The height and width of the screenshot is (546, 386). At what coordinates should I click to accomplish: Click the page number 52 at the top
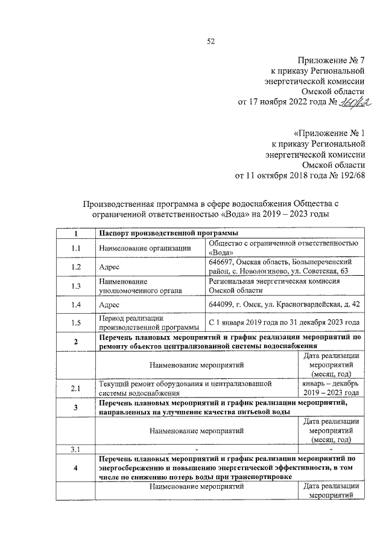pos(210,41)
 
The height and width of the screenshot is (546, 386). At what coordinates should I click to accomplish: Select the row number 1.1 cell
pos(75,248)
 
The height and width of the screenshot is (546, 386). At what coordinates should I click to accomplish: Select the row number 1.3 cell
pos(75,285)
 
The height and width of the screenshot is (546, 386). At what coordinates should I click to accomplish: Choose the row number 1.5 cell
pos(75,322)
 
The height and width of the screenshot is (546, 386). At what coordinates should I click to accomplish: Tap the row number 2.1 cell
pos(75,389)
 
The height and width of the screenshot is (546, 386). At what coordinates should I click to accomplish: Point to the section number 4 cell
pos(75,468)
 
